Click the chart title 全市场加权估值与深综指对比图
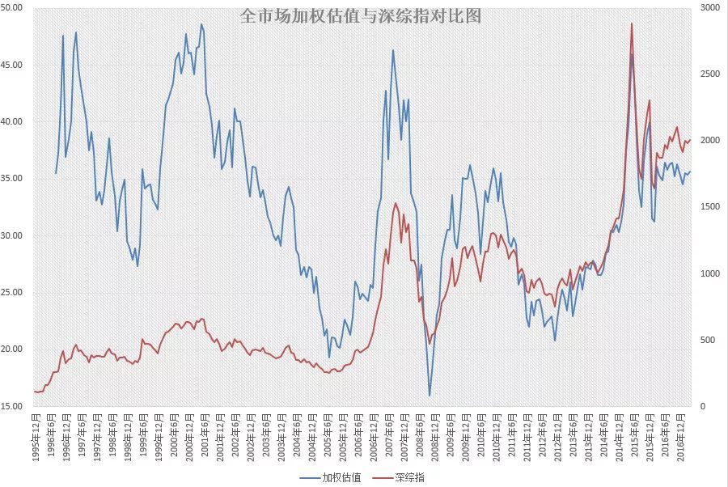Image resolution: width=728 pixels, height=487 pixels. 361,16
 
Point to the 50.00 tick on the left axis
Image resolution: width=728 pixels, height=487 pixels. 12,8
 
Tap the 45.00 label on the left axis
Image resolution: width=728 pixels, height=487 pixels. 12,65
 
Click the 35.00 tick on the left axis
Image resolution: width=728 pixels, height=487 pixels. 12,179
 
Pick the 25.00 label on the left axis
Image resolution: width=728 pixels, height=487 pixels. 12,293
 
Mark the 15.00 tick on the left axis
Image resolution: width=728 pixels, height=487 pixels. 12,406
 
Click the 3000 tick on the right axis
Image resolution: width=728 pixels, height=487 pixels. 709,8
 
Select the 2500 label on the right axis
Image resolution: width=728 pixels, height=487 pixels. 709,74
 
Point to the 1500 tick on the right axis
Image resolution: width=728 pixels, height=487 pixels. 709,207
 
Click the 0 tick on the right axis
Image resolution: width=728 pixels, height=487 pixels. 701,406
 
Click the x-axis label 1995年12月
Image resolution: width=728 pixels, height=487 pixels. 36,437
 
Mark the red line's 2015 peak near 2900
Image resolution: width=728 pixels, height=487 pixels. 632,23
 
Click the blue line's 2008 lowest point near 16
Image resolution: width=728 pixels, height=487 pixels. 430,396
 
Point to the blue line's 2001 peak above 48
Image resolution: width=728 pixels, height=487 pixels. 201,24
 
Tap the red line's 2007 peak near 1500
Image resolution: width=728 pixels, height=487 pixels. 396,203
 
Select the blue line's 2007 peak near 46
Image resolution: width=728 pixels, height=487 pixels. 393,50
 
